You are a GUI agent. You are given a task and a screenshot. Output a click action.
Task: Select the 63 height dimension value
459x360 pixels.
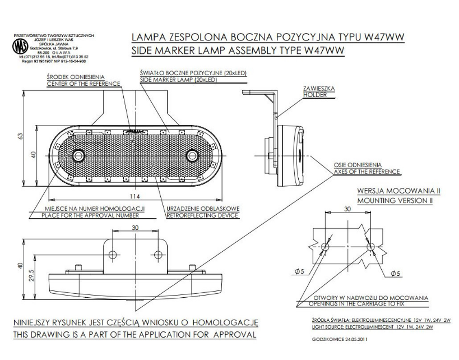19,137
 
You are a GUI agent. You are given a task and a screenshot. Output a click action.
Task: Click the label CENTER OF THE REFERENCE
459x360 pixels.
84,84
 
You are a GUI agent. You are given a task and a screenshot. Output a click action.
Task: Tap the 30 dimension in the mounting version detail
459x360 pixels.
347,209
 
